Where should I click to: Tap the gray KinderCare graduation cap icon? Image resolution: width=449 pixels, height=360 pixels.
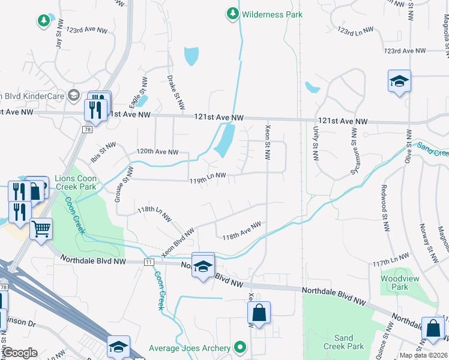tap(73, 95)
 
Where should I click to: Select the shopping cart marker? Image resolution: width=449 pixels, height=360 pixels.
tap(41, 229)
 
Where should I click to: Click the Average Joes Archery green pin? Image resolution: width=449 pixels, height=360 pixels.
tap(241, 347)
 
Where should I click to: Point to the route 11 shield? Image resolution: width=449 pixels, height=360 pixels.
tap(148, 263)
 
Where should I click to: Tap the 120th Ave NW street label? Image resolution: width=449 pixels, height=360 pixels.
tap(157, 152)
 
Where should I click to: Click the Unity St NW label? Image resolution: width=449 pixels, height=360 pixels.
tap(314, 143)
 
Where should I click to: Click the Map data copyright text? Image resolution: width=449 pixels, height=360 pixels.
tap(423, 355)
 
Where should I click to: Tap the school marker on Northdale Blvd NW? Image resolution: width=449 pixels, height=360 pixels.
tap(203, 266)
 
